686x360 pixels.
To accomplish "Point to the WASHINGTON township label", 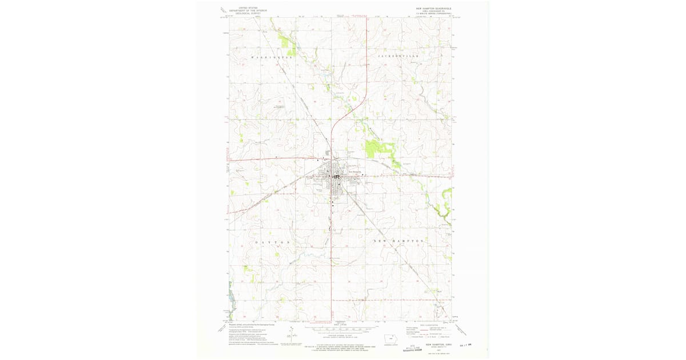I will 272,58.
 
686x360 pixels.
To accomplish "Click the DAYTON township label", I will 269,242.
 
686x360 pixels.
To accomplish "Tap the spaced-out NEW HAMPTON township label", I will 398,241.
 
